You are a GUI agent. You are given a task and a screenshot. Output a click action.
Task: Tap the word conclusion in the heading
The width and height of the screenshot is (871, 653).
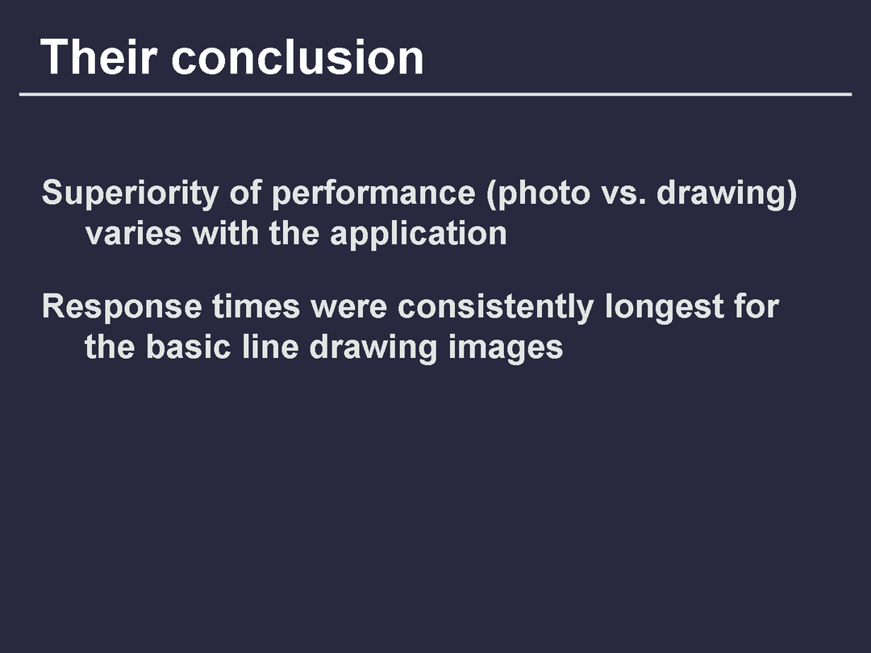coord(298,57)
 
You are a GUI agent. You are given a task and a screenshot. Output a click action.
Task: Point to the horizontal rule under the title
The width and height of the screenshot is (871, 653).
coord(435,94)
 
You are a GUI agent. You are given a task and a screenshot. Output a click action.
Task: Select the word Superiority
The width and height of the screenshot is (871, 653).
coord(131,193)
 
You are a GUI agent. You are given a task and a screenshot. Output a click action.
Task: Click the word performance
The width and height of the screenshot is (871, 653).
coord(373,194)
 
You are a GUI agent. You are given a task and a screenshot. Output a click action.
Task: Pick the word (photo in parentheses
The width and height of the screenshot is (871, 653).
coord(538,193)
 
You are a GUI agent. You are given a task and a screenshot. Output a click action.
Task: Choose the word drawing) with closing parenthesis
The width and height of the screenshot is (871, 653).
coord(727,193)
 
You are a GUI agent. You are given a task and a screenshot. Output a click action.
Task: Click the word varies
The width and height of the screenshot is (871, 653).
coord(133,234)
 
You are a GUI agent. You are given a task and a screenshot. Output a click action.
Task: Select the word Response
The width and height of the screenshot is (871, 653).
coord(123,307)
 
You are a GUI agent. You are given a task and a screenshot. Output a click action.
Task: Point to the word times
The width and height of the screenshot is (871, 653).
coord(256,306)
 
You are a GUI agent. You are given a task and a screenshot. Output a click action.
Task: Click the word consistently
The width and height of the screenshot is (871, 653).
coord(496,307)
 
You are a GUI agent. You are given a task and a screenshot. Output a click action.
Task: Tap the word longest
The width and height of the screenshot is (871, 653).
coord(665,307)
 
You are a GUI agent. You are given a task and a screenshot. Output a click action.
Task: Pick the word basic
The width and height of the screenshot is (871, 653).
coord(188,347)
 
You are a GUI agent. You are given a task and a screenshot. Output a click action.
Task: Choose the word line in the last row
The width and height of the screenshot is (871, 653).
coord(270,347)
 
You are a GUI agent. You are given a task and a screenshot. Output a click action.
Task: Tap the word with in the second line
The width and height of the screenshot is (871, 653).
coord(225,233)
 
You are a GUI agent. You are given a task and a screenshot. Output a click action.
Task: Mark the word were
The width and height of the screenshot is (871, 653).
coord(349,308)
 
